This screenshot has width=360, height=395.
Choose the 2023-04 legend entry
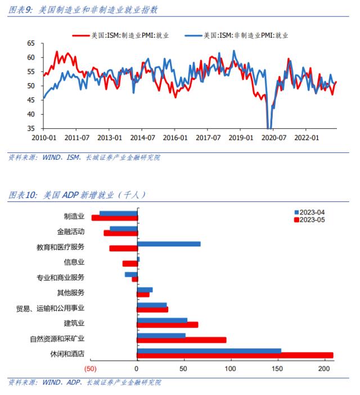312,212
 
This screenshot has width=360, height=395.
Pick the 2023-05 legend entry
312,219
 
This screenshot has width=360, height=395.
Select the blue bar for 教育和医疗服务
169,244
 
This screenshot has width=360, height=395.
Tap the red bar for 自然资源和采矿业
182,340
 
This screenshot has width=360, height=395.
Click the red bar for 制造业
115,218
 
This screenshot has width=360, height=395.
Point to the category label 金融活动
70,231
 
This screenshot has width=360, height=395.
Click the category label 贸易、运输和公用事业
51,308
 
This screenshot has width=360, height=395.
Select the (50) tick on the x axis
91,369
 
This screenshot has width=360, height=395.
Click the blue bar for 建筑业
162,320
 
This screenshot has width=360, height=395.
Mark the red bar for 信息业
130,263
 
